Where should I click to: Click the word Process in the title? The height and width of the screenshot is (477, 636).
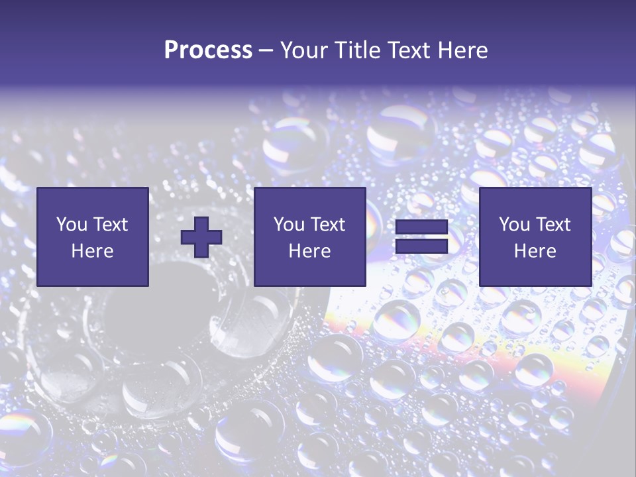(208, 50)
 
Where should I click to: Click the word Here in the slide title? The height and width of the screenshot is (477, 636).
(464, 50)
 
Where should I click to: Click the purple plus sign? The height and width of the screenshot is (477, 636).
(201, 237)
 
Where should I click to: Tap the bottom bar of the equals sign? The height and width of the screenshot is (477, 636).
(421, 246)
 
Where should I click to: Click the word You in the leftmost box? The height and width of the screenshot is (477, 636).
(72, 225)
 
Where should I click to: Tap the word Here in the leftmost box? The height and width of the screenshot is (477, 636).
(93, 251)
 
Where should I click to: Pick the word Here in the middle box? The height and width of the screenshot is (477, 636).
(309, 251)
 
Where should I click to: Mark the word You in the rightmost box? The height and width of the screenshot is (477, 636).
(514, 225)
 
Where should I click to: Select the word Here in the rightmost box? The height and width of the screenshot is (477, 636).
(535, 251)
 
